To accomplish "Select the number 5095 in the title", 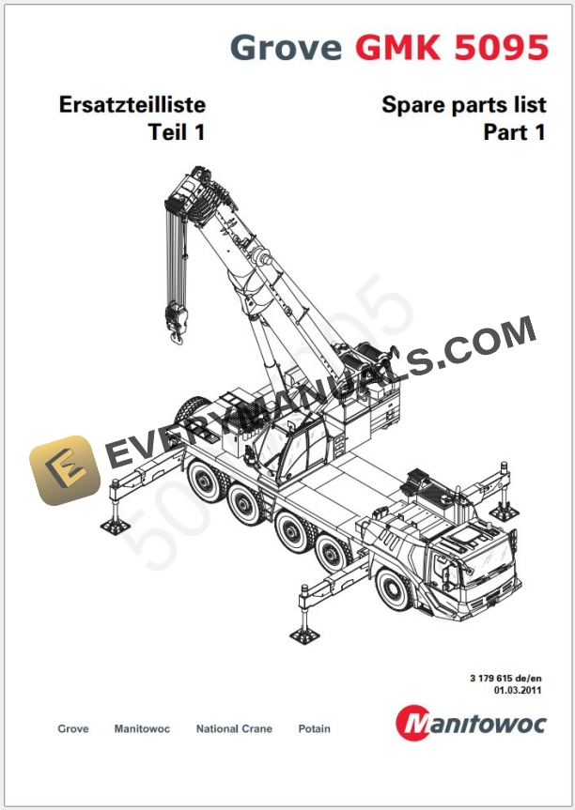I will click(501, 47).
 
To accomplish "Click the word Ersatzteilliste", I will click(132, 104).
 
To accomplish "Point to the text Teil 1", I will click(177, 132).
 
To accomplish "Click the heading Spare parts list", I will click(463, 104).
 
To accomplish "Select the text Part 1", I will click(514, 132).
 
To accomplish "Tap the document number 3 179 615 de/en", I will click(508, 678).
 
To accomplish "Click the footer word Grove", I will click(73, 728).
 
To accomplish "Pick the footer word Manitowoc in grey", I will click(142, 728).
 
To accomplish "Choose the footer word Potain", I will click(314, 728).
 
